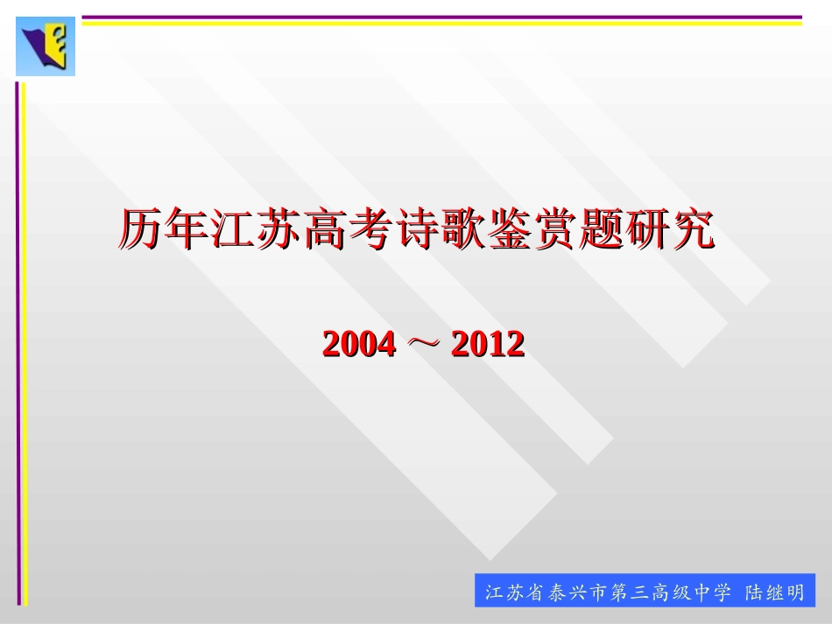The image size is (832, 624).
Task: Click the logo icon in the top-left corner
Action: point(46,46)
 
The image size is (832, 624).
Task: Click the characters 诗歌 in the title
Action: point(440,230)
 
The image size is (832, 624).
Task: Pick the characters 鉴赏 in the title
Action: point(531,230)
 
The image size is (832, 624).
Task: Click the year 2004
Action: point(359,344)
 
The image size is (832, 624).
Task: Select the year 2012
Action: point(488,344)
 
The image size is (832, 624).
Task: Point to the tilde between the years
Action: point(423,344)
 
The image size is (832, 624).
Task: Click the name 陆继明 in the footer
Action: point(774,592)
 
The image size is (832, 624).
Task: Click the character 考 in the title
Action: point(371,230)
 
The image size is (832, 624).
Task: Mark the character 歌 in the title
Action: point(462,230)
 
